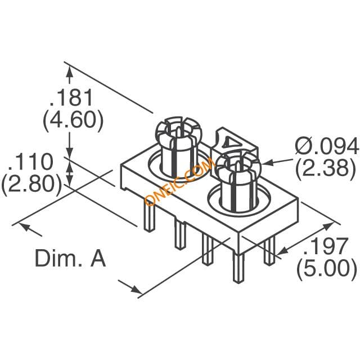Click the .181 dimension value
(71, 97)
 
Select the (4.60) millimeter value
(73, 120)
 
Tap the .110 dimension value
(30, 161)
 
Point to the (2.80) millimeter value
(31, 184)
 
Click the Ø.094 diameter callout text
(326, 146)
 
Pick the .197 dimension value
(326, 246)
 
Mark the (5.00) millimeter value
(327, 269)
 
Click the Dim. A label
(70, 258)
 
